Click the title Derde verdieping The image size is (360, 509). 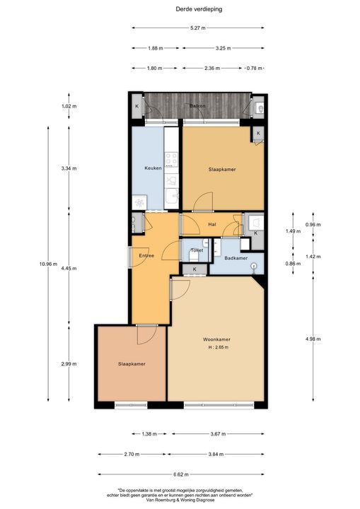(199, 9)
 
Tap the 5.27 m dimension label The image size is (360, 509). (198, 28)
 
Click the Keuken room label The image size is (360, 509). (153, 168)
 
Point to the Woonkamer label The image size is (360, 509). (216, 339)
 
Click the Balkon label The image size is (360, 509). (197, 106)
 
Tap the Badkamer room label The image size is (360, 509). (236, 258)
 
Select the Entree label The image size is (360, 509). (146, 255)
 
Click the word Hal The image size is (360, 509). (212, 224)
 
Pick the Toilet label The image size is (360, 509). (197, 250)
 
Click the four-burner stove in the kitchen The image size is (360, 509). (172, 159)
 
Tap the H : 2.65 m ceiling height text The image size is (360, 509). (219, 347)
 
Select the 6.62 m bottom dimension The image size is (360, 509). (180, 474)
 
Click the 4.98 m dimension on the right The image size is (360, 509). (313, 339)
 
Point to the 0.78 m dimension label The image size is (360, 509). (254, 68)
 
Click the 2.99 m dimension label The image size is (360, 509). (69, 364)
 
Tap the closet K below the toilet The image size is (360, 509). (194, 269)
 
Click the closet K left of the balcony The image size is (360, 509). (137, 106)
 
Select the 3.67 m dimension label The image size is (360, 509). (218, 433)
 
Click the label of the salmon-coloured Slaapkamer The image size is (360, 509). (132, 364)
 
